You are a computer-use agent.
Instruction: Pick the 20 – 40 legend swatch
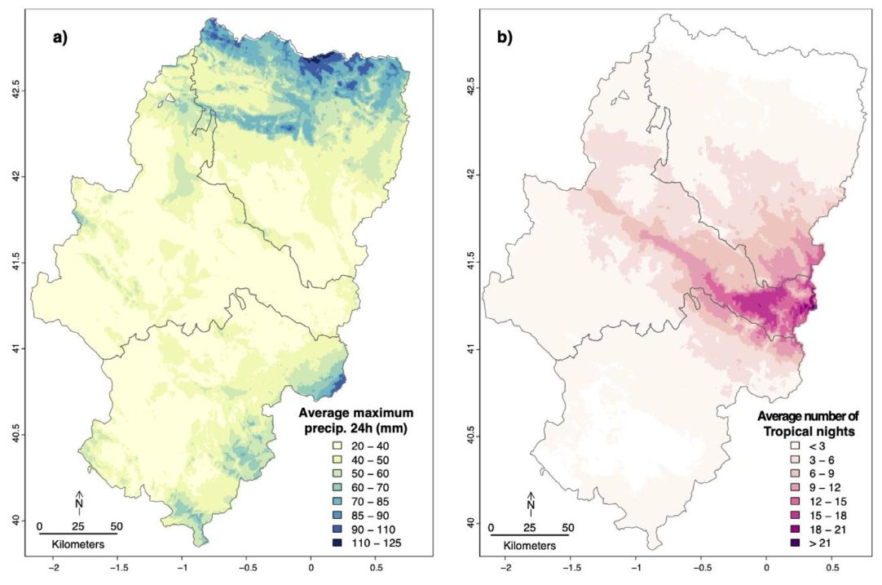(333, 446)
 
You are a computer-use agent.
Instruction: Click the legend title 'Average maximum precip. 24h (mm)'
(355, 419)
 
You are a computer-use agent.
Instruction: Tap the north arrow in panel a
(79, 502)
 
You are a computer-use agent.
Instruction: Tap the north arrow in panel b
(531, 502)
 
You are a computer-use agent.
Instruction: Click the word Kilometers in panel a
(77, 543)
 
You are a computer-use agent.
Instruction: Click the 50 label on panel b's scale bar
(568, 527)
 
